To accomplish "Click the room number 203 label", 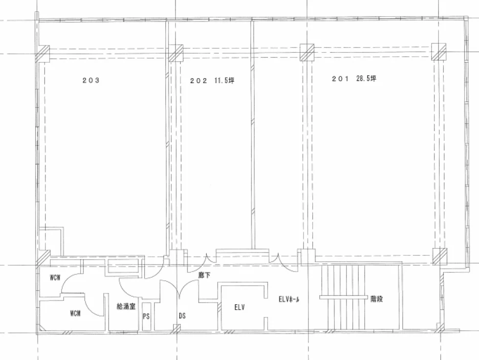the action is coord(91,80).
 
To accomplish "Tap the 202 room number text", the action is coord(198,81).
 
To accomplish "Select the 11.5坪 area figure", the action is coord(224,81).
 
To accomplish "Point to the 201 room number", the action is coord(340,79).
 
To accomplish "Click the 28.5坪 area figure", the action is coord(366,79).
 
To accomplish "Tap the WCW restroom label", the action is coord(55,278).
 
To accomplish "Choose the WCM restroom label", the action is coord(75,313).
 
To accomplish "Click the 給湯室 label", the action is coord(126,306).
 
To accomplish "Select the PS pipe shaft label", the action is coord(146,316).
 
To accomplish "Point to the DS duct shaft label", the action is coord(182,315).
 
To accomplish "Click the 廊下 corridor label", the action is coord(204,275).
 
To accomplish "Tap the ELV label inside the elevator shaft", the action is coord(239,308).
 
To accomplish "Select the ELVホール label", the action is coord(289,299).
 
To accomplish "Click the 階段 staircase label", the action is coord(376,299).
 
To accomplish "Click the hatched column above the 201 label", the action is coord(307,52).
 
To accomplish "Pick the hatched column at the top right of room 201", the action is coord(439,52).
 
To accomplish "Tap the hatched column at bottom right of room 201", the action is coord(440,256).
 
